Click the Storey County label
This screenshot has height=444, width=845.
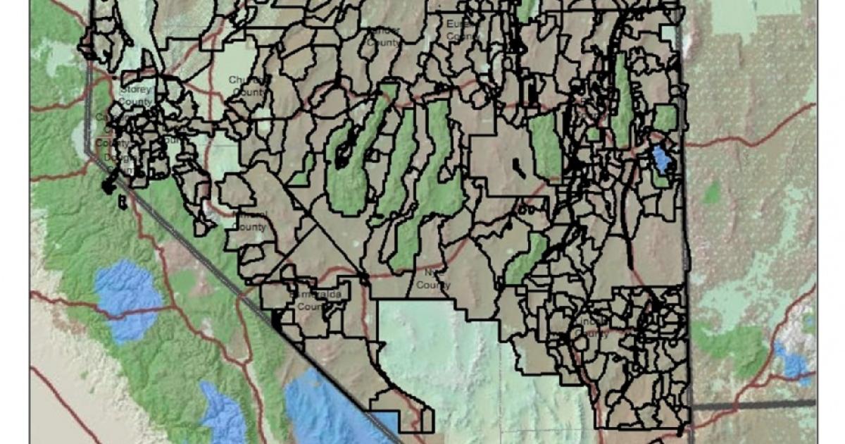pyautogui.click(x=134, y=96)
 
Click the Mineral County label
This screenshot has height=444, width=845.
pyautogui.click(x=249, y=221)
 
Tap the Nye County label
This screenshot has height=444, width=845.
pyautogui.click(x=432, y=279)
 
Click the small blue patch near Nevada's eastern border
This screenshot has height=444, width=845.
pyautogui.click(x=662, y=159)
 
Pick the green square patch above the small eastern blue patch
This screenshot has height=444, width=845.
pyautogui.click(x=665, y=117)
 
